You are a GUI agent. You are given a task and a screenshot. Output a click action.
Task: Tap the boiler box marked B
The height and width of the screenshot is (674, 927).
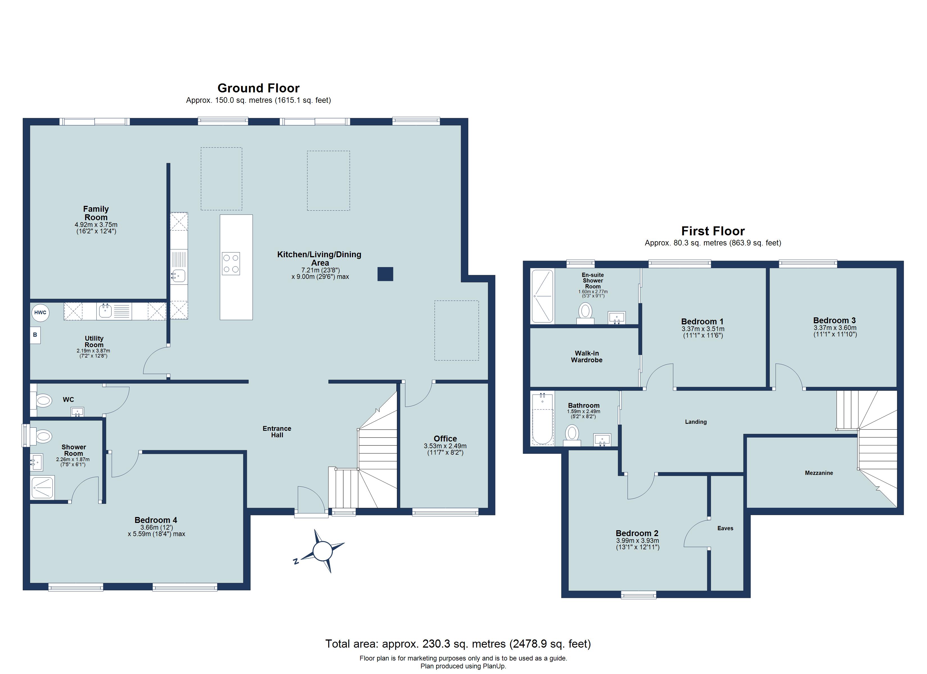coord(35,335)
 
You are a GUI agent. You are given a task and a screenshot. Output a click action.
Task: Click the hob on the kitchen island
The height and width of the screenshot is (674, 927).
coord(231,264)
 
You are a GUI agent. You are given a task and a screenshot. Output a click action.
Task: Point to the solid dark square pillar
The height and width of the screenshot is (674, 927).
coord(385,274)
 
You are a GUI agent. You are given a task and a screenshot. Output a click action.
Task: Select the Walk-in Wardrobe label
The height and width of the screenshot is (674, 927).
coord(587,356)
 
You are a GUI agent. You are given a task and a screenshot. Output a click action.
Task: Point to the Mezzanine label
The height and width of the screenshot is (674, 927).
coord(819,473)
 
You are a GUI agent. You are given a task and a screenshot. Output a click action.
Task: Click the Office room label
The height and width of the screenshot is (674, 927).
coord(445,439)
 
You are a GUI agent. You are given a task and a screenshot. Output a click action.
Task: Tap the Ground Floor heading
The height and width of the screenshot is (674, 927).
coord(258,88)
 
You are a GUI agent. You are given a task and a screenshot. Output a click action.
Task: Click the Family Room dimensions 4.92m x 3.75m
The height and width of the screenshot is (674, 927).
coord(96,225)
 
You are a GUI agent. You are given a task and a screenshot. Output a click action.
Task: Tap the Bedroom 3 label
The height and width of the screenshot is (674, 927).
coord(834,320)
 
